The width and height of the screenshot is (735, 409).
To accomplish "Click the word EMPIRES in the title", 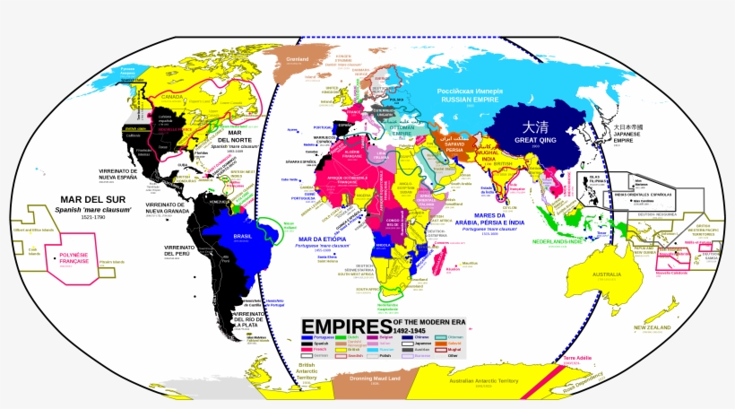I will (x=345, y=326).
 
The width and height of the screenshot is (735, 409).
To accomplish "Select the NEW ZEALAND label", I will (x=653, y=328).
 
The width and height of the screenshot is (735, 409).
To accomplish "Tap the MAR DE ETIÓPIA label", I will (x=321, y=239).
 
